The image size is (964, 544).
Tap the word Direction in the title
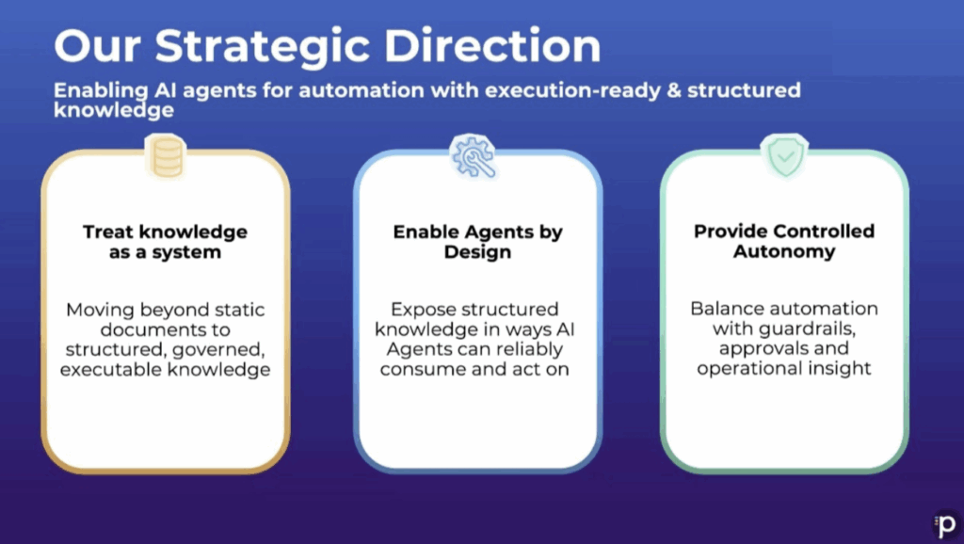click(492, 45)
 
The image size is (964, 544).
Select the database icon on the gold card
click(166, 157)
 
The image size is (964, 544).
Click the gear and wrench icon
click(473, 157)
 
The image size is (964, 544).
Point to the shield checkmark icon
click(784, 156)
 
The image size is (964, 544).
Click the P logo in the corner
click(945, 525)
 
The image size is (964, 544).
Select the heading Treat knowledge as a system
click(166, 242)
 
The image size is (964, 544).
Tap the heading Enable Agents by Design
click(477, 242)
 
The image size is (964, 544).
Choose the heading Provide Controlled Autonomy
click(784, 241)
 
